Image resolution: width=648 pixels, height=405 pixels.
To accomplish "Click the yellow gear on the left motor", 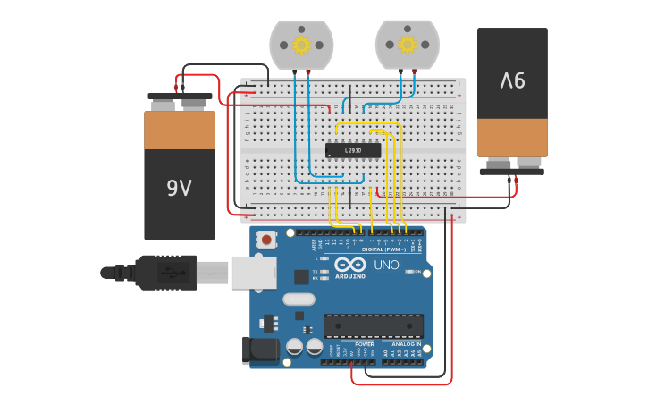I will click(301, 45).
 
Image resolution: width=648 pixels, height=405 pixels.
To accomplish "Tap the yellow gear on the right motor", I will click(408, 44).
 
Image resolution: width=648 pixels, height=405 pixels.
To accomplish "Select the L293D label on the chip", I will click(353, 150).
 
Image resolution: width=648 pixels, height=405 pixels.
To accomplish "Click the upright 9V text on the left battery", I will click(179, 188).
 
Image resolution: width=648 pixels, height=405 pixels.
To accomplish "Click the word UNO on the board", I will click(386, 265).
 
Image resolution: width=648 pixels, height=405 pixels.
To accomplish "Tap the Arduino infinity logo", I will click(350, 265).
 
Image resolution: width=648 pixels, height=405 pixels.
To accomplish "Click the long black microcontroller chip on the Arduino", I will click(374, 326).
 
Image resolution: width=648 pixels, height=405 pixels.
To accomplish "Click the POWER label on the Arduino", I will click(365, 343).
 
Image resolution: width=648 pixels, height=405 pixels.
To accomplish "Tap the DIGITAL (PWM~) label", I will click(383, 249).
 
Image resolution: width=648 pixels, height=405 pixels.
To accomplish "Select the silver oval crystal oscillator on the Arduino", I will click(299, 300).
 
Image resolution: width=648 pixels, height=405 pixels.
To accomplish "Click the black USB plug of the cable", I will click(165, 272).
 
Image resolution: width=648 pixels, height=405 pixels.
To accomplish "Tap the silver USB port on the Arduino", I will click(254, 272).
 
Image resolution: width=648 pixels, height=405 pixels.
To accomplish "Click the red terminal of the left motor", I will click(308, 72).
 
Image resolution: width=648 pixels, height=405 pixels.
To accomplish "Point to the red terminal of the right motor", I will click(414, 71).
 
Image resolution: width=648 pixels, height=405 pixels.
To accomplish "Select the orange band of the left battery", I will click(180, 130).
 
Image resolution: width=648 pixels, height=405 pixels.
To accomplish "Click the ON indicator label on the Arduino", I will click(417, 271).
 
